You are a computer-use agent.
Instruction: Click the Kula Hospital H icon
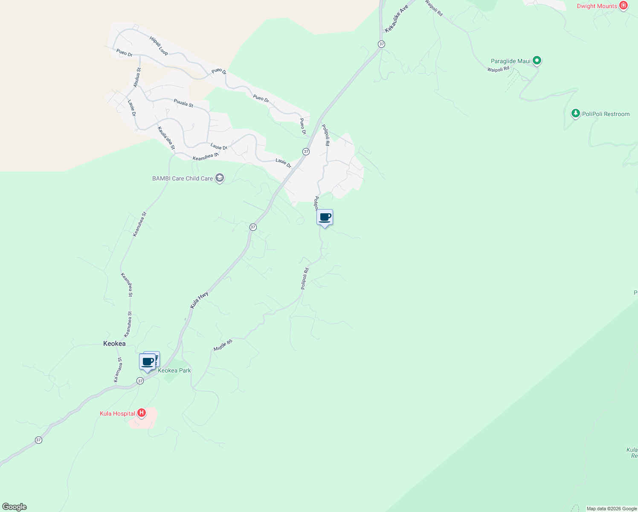142,413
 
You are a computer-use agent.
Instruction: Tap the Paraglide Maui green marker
537,61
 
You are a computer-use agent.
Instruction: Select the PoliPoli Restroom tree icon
576,114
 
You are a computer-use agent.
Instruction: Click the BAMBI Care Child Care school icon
220,178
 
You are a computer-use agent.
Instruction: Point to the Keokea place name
114,343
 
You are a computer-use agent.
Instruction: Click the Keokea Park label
174,370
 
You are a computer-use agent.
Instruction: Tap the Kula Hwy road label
199,300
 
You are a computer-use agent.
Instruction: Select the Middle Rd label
223,346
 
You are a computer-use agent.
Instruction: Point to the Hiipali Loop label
159,46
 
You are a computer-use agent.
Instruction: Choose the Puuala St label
183,103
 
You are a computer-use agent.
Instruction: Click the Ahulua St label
137,78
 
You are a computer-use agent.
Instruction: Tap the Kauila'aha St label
166,138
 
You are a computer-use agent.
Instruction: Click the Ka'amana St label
118,370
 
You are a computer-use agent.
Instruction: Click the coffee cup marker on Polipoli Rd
325,218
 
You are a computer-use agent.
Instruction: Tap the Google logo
14,507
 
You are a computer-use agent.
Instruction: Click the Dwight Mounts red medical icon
623,6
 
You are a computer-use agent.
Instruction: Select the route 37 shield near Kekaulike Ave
381,44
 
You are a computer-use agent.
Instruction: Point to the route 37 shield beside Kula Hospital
140,381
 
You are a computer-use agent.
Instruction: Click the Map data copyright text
612,509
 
